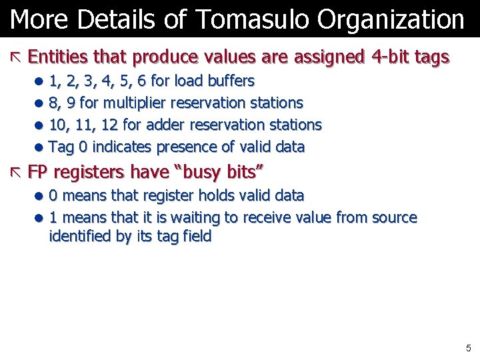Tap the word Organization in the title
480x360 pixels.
(391, 20)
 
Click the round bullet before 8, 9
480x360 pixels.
(41, 103)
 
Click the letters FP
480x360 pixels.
(38, 173)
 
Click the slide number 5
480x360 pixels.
(468, 348)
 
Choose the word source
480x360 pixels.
(393, 217)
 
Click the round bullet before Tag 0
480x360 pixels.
(41, 147)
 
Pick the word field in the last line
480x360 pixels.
(197, 236)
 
